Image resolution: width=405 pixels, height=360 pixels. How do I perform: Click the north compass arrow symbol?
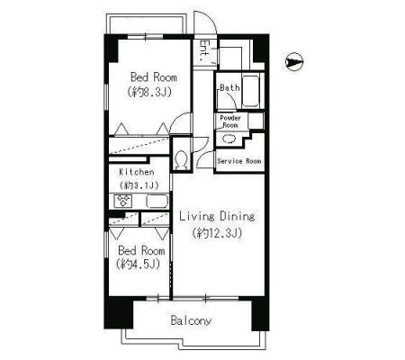point(293,62)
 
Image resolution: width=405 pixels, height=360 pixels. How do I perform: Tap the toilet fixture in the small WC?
point(181,159)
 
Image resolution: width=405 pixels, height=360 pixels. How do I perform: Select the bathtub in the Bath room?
point(250,91)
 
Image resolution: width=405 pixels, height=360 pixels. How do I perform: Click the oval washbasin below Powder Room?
point(229,139)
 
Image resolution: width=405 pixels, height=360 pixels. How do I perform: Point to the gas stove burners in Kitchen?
point(123,201)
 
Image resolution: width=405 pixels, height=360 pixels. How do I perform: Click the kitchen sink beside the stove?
point(157,201)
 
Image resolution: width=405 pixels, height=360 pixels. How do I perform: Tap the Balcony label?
point(191,320)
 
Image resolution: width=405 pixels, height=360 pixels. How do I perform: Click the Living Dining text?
point(217,216)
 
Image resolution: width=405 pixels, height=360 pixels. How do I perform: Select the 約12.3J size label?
point(217,233)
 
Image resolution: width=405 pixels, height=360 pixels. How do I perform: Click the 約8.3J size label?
point(149,92)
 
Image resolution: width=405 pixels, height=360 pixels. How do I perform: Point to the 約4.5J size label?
point(138,264)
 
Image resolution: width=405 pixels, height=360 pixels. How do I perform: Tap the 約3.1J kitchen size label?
point(139,185)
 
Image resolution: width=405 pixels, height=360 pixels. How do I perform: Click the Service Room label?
point(239,161)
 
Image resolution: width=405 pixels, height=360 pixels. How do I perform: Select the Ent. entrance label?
point(204,50)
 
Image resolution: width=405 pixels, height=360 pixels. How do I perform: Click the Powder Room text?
point(230,121)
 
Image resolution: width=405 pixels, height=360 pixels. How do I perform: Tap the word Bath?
point(229,88)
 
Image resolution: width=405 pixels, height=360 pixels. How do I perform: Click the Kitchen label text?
point(137,172)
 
